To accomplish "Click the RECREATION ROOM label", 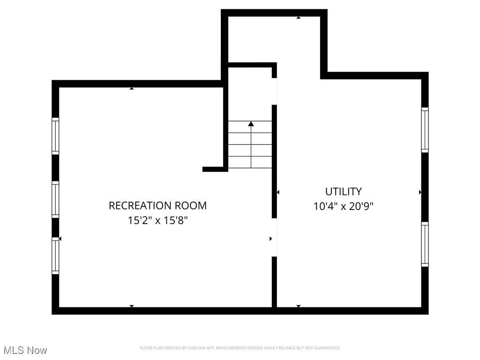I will point(157,205).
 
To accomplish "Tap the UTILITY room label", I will point(344,191).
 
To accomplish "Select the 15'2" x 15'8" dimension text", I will point(157,220).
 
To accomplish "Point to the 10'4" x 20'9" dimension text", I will point(344,206).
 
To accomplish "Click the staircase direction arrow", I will point(251,124).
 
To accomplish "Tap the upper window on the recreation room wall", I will point(55,136).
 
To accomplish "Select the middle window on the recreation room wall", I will point(55,199).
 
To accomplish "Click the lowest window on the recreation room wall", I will point(55,255).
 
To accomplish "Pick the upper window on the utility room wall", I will point(425,130).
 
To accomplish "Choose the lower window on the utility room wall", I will point(425,244).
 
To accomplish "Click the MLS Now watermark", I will point(25,350).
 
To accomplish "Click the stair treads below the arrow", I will point(250,150).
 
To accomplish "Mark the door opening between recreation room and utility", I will point(274,237).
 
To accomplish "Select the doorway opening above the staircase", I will point(274,91).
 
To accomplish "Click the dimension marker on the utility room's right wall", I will point(420,192).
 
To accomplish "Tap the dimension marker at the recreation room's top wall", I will point(132,88).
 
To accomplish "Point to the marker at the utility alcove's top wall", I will point(298,17).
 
